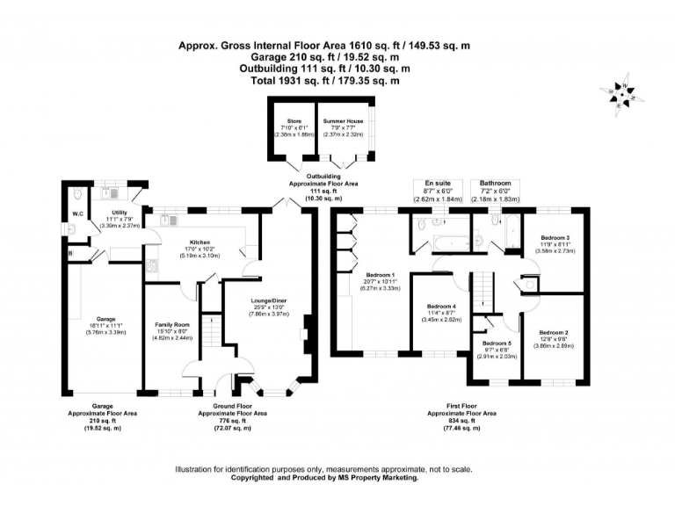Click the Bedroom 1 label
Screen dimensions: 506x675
pyautogui.click(x=381, y=274)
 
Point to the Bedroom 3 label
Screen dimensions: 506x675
pyautogui.click(x=555, y=237)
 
